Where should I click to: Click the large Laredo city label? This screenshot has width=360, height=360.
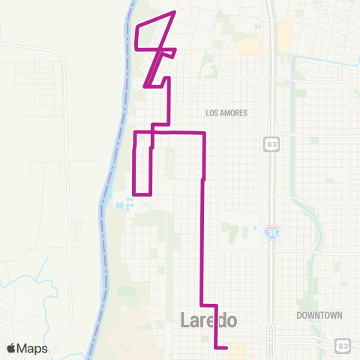[209, 320]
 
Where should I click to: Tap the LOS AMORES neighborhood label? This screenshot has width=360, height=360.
[226, 113]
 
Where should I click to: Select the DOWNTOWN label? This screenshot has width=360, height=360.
[319, 316]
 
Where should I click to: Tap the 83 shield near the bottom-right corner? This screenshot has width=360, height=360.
[342, 344]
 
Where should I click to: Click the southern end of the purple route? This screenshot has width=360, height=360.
[226, 347]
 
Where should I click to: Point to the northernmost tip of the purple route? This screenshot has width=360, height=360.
[175, 12]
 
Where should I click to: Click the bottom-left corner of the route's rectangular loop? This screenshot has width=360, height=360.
[134, 193]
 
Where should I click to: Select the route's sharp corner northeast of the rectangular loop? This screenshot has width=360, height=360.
[204, 133]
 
